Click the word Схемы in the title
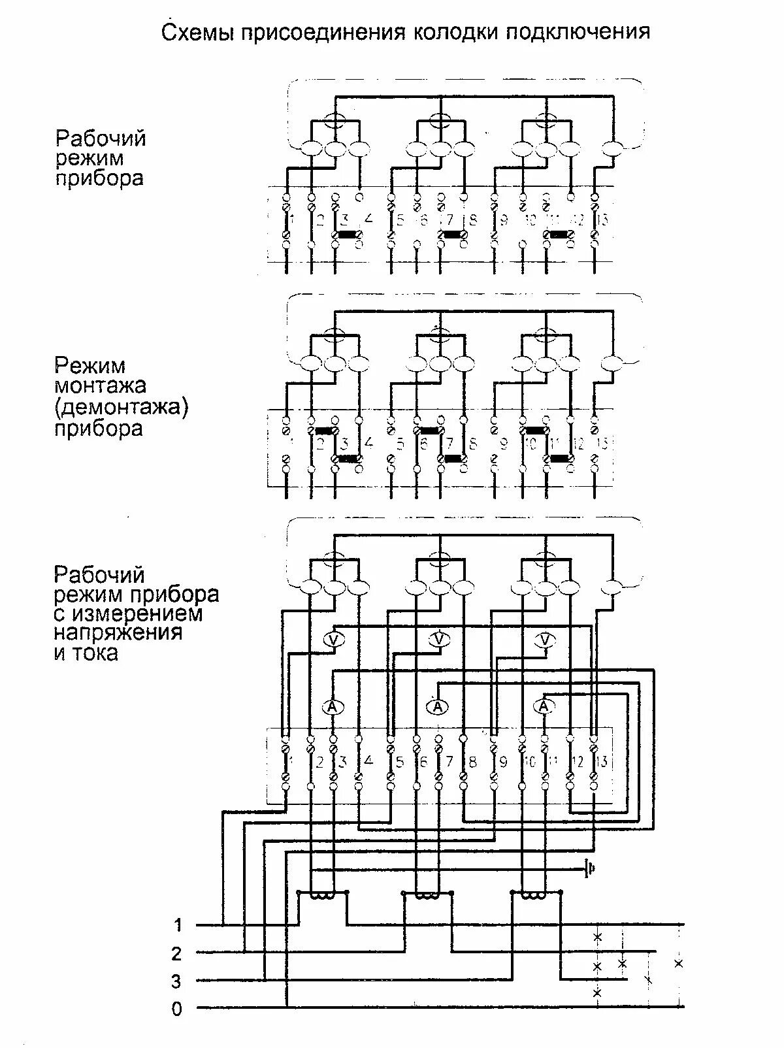coord(199,32)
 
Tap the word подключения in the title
coord(578,33)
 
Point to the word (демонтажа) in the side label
coord(122,408)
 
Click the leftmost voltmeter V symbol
coord(334,640)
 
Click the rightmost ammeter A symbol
coord(544,706)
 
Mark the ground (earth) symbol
coord(589,869)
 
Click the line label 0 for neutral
coord(177,1009)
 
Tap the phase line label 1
coord(178,925)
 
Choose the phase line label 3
coord(177,981)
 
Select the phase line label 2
coord(177,954)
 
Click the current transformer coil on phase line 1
coord(322,895)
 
